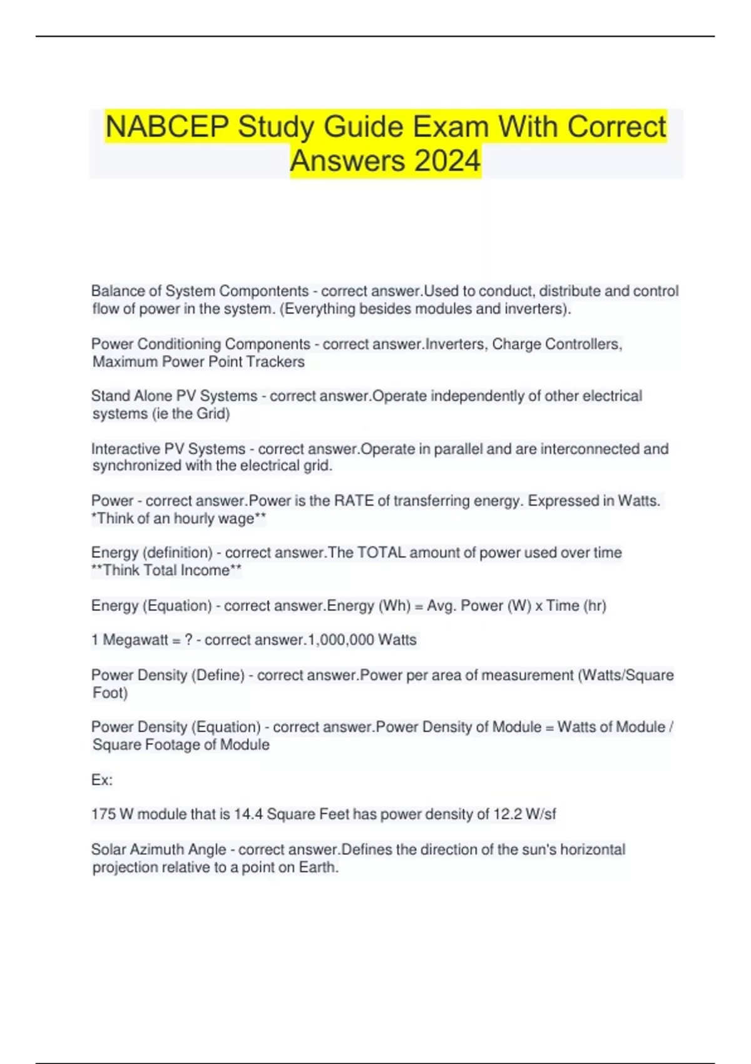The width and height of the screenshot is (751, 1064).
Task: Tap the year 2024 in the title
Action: coord(447,161)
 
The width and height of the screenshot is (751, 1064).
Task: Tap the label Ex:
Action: coord(102,780)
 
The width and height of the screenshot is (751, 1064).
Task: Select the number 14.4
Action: coord(248,814)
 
